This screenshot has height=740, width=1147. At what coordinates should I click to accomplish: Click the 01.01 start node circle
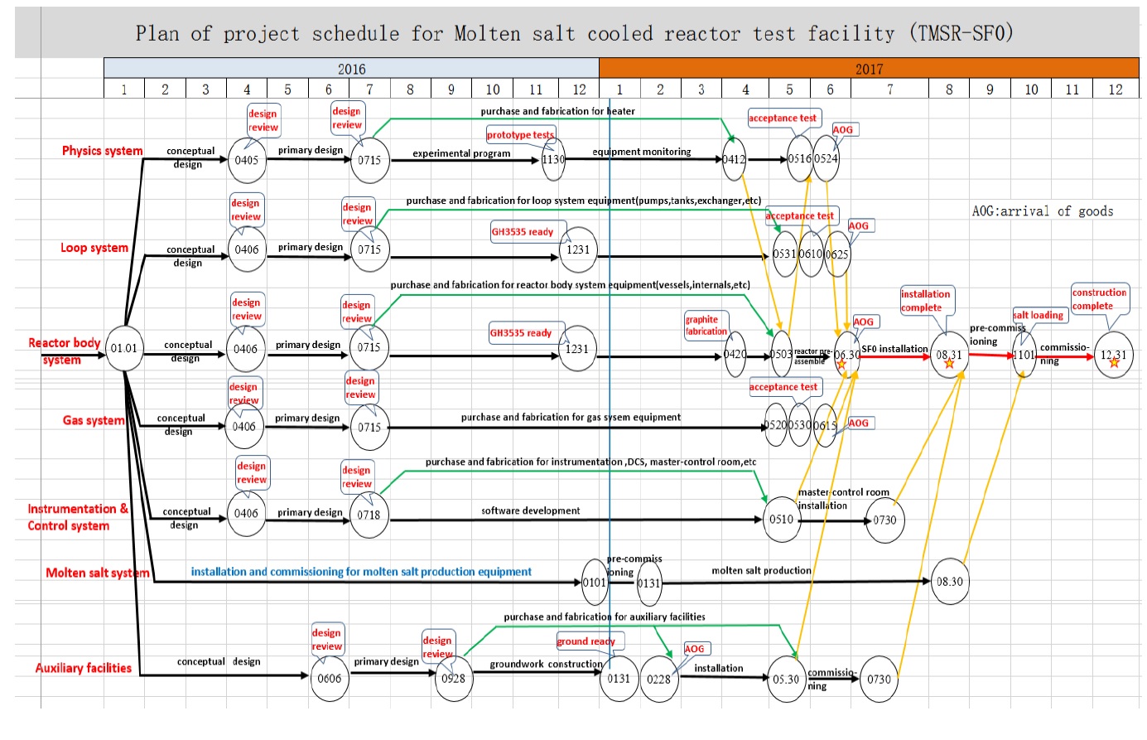124,349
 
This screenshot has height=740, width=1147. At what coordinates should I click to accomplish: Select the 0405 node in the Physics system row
247,160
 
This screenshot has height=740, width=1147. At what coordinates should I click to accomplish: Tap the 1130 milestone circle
553,160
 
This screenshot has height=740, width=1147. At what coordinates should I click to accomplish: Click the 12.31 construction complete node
1114,355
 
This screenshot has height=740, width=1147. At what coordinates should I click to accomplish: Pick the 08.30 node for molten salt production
950,582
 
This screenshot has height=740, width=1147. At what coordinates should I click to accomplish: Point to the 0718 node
369,515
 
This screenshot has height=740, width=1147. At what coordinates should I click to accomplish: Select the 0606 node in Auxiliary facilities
329,679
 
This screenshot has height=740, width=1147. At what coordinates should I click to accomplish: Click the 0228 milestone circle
659,680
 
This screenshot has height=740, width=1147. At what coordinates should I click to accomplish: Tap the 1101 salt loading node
1024,355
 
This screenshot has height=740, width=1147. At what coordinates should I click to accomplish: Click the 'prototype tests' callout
520,135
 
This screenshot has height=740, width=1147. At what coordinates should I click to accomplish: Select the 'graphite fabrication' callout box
706,326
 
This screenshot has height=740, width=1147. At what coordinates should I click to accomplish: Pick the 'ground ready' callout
586,641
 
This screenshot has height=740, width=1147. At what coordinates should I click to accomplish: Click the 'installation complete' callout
926,301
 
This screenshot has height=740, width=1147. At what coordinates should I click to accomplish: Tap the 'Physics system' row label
102,151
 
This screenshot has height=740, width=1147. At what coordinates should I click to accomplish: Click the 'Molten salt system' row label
98,573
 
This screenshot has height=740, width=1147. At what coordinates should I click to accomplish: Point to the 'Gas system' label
94,420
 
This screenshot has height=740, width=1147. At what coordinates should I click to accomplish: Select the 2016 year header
351,69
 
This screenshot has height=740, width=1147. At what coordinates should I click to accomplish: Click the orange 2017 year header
869,69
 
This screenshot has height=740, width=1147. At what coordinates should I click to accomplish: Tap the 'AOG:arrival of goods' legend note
1042,211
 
